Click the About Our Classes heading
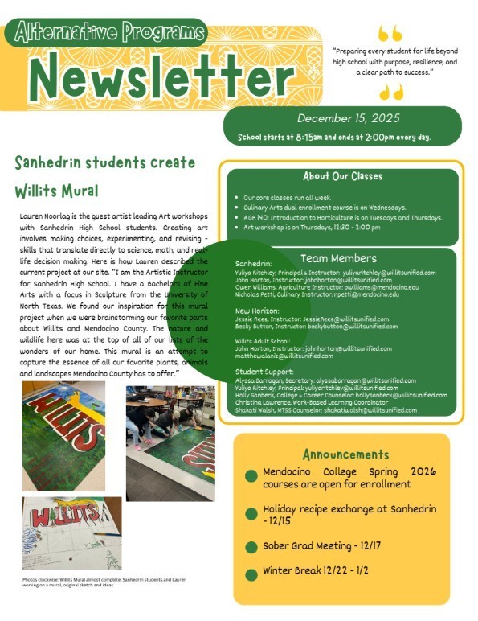point(342,176)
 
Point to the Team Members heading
point(338,258)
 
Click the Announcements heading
point(346,454)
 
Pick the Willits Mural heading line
point(56,191)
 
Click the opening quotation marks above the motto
point(390,33)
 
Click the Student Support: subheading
point(262,372)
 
